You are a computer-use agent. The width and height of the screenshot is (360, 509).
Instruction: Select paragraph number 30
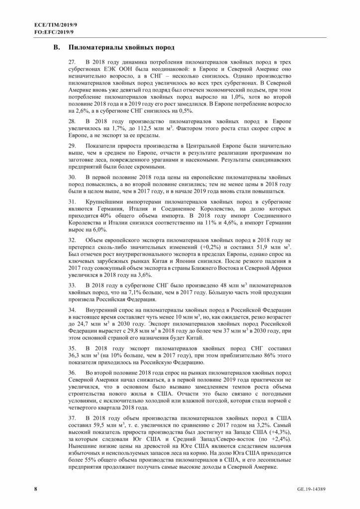[72, 177]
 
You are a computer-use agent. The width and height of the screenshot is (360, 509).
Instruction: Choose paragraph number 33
[72, 286]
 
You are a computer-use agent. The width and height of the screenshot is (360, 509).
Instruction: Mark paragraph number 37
[72, 419]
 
